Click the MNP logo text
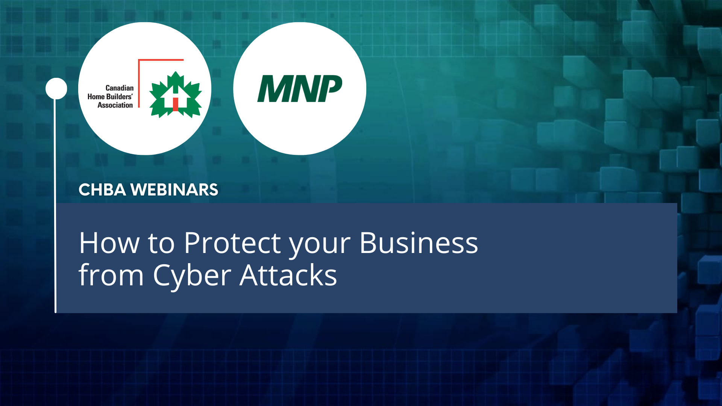pyautogui.click(x=300, y=89)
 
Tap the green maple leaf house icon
pyautogui.click(x=176, y=95)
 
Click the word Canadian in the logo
pyautogui.click(x=119, y=88)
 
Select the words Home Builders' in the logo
pyautogui.click(x=110, y=97)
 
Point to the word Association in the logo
pyautogui.click(x=115, y=105)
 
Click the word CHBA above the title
pyautogui.click(x=102, y=190)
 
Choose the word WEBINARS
pyautogui.click(x=174, y=190)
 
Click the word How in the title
pyautogui.click(x=109, y=243)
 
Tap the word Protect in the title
pyautogui.click(x=232, y=243)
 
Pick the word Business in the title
pyautogui.click(x=419, y=243)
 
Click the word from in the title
pyautogui.click(x=111, y=276)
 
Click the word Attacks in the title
pyautogui.click(x=288, y=276)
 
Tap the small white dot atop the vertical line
pyautogui.click(x=56, y=89)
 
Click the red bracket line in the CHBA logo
pyautogui.click(x=139, y=83)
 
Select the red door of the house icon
pyautogui.click(x=176, y=104)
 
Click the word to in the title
pyautogui.click(x=161, y=244)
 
